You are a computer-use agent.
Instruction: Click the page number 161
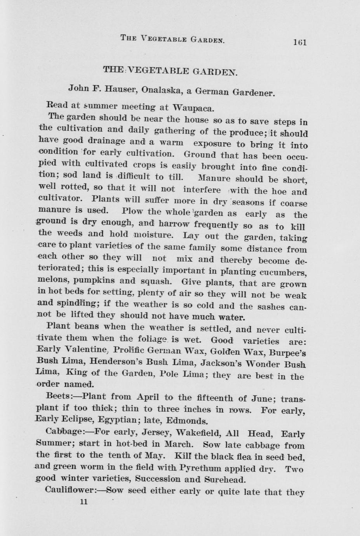(300, 41)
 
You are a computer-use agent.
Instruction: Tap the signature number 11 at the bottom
(83, 501)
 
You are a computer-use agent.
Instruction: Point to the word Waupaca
(193, 107)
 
